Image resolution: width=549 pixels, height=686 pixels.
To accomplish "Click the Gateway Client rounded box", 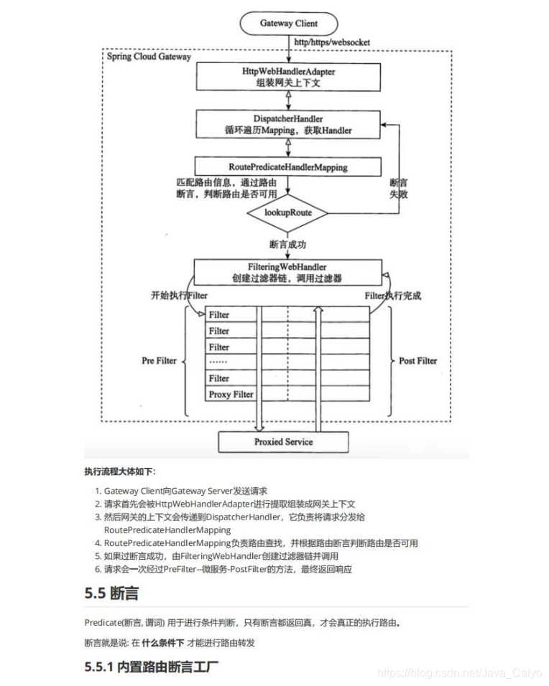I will coord(288,24).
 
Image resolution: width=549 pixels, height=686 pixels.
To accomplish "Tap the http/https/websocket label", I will coord(332,42).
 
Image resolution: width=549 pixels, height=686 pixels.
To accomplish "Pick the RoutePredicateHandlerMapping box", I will coord(287,167).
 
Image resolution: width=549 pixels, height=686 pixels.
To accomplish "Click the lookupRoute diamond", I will coord(287,212).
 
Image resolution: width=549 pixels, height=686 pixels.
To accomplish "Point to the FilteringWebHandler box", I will coord(287,272).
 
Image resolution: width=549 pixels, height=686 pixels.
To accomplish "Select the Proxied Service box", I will coord(283,442).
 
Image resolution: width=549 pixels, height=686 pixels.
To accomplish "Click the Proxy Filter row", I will coord(231,394).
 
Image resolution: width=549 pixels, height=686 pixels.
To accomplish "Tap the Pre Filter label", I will coord(159,360).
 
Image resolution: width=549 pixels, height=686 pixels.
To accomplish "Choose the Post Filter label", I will coord(417,360).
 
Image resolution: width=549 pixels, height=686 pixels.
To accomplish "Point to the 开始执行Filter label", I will coord(179,295).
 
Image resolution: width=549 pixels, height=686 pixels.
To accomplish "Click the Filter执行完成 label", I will coord(392,295).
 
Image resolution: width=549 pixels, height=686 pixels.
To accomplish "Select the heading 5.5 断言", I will coord(111,593).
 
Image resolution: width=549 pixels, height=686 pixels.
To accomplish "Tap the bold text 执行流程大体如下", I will coord(119,471).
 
